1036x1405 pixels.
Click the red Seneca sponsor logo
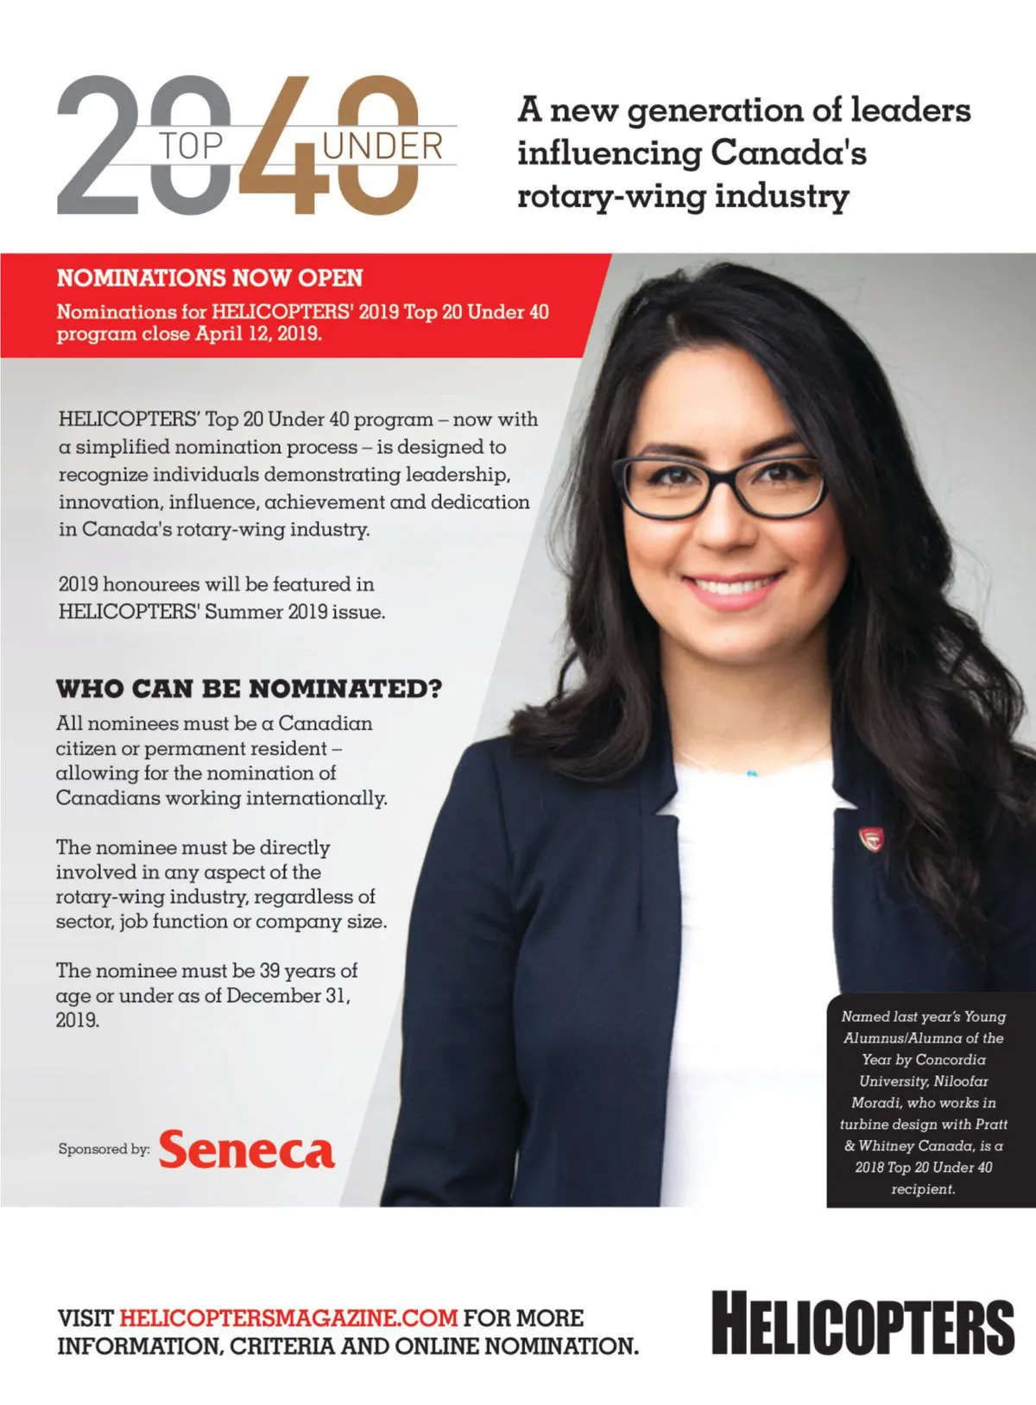click(246, 1150)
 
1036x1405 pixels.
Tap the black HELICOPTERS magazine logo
click(862, 1323)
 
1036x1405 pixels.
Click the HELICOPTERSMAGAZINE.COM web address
click(288, 1318)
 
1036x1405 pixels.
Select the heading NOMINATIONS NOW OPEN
click(210, 278)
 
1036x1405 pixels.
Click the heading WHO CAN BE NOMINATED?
click(249, 689)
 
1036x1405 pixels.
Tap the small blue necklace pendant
click(752, 773)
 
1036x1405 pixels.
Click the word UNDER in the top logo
click(382, 147)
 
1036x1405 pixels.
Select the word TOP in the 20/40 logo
click(191, 147)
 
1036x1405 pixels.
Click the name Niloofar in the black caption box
click(961, 1081)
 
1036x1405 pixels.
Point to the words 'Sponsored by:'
click(104, 1149)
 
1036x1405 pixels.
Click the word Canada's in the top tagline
click(787, 153)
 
